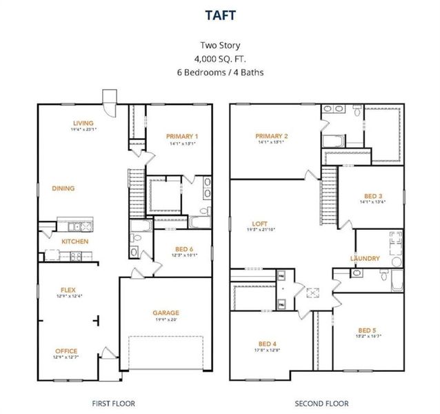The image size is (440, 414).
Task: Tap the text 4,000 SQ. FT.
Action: click(x=219, y=60)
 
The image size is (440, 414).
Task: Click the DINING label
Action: click(x=64, y=188)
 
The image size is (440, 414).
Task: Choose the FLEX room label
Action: click(x=68, y=290)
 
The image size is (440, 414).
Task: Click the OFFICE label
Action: click(x=66, y=351)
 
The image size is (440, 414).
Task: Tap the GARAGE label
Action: click(x=166, y=313)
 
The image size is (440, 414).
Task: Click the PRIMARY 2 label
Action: click(x=271, y=136)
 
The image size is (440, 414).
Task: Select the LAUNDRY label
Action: click(x=365, y=259)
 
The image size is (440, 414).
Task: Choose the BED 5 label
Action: click(x=368, y=330)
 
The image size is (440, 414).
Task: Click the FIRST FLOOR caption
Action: click(x=114, y=403)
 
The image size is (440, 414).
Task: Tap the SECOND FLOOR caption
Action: click(x=321, y=403)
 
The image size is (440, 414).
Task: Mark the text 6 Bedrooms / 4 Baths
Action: click(x=219, y=72)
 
